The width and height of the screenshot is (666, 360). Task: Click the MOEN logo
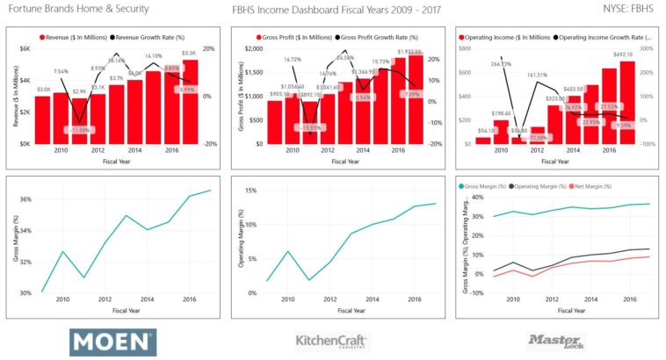pyautogui.click(x=112, y=342)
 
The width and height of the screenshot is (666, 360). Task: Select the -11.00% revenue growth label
pyautogui.click(x=80, y=130)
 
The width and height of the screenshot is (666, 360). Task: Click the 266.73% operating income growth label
pyautogui.click(x=501, y=63)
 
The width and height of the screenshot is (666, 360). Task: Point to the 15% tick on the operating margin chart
pyautogui.click(x=250, y=190)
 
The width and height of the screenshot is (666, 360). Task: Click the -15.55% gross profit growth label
pyautogui.click(x=308, y=128)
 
